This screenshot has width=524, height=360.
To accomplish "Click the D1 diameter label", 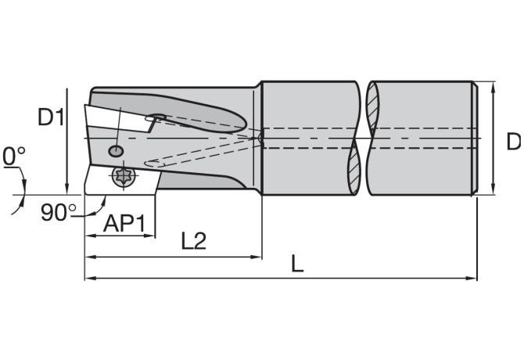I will point(52,118).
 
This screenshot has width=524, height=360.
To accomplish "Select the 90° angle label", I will point(59,212).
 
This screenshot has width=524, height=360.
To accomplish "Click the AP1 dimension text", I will point(125,224).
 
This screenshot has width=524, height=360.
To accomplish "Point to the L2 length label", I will point(193,241).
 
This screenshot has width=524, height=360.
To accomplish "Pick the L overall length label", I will point(297,264).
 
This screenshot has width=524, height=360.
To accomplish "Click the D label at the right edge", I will point(513,142).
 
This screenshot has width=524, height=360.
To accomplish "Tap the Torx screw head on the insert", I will point(122,177).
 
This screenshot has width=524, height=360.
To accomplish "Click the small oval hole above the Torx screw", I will point(117,150).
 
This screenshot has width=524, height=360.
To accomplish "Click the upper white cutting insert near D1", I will point(117,120).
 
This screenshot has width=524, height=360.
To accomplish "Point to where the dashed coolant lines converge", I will point(261,139).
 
